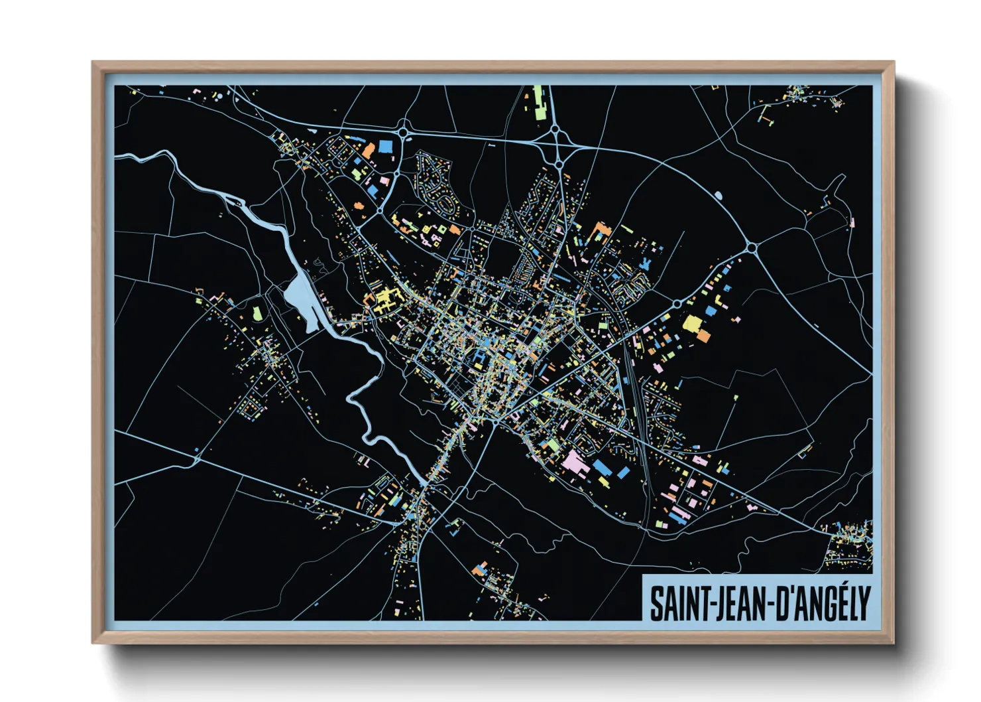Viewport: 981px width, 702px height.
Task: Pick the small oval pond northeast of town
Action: pos(718,195)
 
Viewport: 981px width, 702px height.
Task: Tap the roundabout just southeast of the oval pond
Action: pos(752,247)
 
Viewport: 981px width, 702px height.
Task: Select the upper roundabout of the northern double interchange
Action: pos(556,132)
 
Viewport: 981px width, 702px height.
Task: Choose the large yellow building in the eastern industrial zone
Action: pos(692,324)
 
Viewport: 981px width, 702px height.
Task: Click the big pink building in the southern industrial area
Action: pos(574,462)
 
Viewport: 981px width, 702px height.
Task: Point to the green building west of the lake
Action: pos(257,313)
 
